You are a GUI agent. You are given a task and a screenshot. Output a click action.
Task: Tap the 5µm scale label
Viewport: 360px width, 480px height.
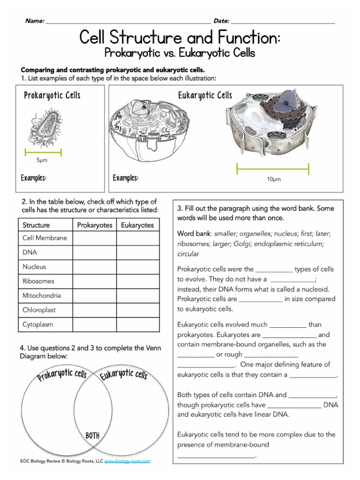tap(42, 160)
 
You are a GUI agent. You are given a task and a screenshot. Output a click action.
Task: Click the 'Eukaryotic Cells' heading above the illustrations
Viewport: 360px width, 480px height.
tap(205, 96)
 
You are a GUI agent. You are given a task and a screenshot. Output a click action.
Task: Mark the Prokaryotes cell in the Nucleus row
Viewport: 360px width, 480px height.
tap(95, 267)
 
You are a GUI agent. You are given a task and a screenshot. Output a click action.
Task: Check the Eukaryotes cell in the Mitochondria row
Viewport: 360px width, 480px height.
tap(137, 296)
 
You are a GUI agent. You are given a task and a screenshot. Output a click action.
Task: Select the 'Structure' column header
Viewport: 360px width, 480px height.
tap(36, 225)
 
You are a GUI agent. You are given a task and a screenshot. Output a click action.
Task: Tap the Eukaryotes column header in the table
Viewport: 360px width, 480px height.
tap(137, 225)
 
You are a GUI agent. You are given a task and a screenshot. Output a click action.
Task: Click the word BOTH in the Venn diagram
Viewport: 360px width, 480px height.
tap(92, 436)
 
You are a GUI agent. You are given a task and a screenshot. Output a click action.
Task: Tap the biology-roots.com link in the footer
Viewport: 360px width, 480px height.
tap(127, 461)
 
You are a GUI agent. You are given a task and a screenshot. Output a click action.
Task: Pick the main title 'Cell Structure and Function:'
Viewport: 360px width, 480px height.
tap(180, 37)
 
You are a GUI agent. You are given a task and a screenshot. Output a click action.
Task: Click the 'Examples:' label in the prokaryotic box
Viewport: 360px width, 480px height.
tap(34, 178)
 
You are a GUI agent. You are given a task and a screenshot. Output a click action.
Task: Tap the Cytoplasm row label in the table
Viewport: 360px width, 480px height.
tap(38, 324)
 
